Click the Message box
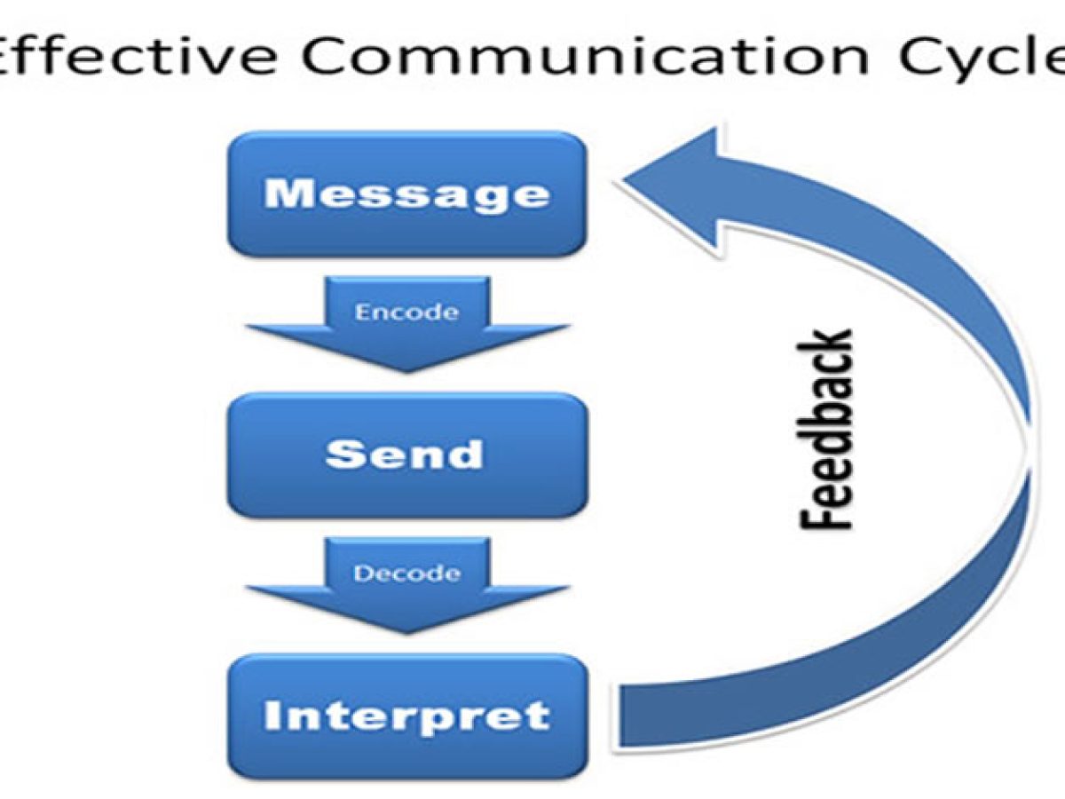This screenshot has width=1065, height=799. [407, 194]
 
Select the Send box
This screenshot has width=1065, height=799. [407, 455]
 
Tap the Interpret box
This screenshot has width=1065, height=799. [407, 716]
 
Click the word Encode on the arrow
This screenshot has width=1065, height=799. [406, 312]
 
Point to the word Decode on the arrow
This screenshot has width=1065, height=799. [406, 574]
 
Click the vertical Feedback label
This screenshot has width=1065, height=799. [824, 430]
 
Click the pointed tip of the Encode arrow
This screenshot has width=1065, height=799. [407, 372]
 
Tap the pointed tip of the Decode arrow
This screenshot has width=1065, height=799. [407, 633]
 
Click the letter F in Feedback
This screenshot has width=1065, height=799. [824, 518]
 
